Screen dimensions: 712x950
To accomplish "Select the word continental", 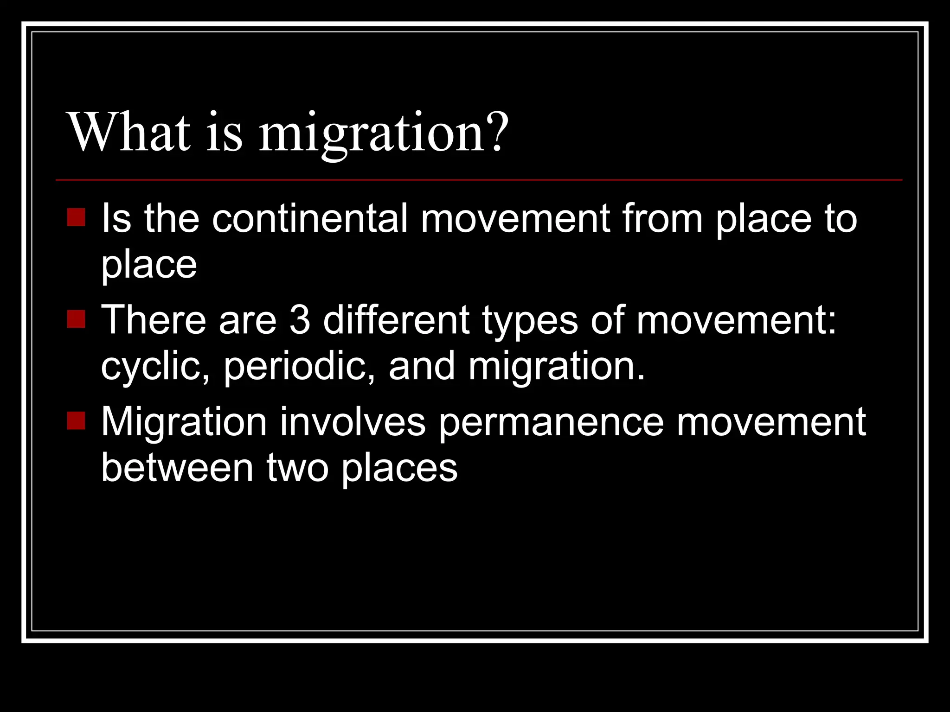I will [310, 218].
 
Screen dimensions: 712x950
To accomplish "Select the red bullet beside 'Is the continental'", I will [76, 217].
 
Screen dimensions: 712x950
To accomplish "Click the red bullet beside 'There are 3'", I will [76, 319].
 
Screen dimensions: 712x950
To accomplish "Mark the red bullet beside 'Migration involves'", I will [76, 420].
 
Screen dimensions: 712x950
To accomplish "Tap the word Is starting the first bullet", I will [116, 218].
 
